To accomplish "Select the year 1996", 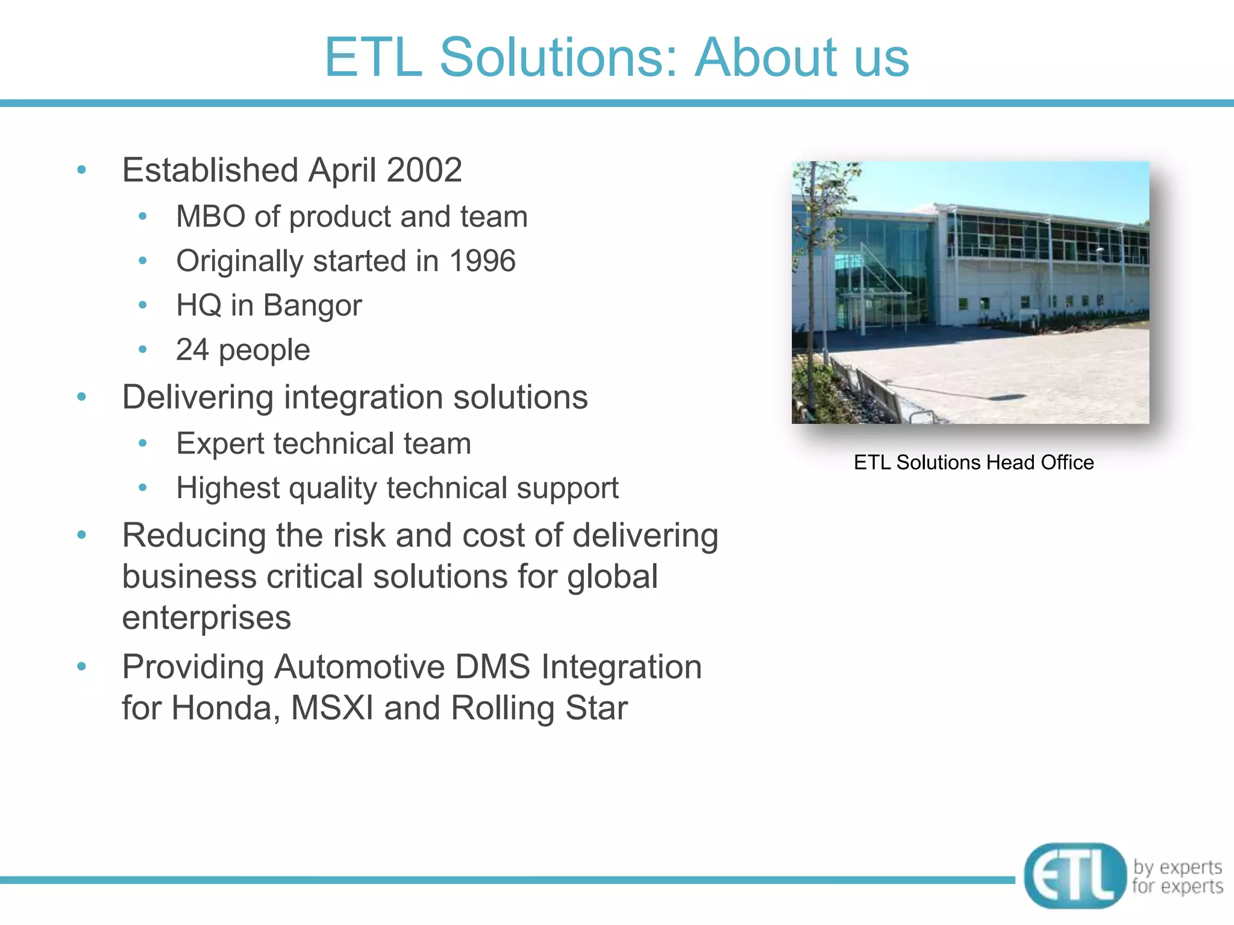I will click(x=482, y=261).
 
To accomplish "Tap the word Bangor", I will click(x=312, y=305).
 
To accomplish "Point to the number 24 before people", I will click(x=192, y=350).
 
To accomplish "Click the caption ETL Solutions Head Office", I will click(x=973, y=462).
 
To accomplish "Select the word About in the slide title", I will click(x=765, y=57).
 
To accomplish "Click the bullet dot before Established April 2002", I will click(x=82, y=170).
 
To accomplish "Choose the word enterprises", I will click(x=207, y=618).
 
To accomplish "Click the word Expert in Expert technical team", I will click(x=220, y=444).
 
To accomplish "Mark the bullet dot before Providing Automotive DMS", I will click(x=82, y=667).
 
